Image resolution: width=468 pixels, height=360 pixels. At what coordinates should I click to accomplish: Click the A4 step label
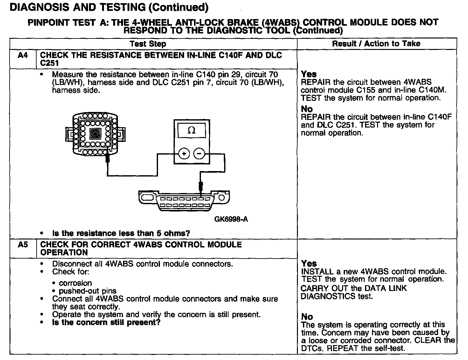tap(23, 55)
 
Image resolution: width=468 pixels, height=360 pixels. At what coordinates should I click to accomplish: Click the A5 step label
tap(23, 245)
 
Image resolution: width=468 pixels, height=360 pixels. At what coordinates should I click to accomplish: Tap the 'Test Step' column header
tap(148, 44)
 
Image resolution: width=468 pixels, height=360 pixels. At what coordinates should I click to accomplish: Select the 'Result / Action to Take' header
tap(376, 44)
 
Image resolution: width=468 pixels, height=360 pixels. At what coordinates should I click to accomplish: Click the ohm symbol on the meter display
tap(191, 131)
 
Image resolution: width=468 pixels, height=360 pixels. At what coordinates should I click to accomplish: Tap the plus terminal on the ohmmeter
tap(184, 154)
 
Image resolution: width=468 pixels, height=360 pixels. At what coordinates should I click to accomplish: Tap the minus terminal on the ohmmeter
tap(199, 154)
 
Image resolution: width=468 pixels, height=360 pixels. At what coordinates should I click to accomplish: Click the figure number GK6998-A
tap(231, 219)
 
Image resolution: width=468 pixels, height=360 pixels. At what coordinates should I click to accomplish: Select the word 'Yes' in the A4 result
tap(309, 74)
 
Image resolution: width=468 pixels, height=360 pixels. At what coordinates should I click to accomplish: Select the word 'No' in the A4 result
tap(307, 109)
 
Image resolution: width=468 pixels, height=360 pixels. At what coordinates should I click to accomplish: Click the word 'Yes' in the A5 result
tap(309, 264)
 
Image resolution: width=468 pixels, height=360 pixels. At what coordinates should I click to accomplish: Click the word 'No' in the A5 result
tap(307, 317)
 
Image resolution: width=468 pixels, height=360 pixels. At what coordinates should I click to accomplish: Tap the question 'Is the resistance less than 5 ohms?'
tap(121, 233)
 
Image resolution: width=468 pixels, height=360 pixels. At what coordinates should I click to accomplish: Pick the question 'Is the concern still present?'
tap(106, 322)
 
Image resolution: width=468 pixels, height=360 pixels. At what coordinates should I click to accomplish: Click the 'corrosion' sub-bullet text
tap(75, 283)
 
